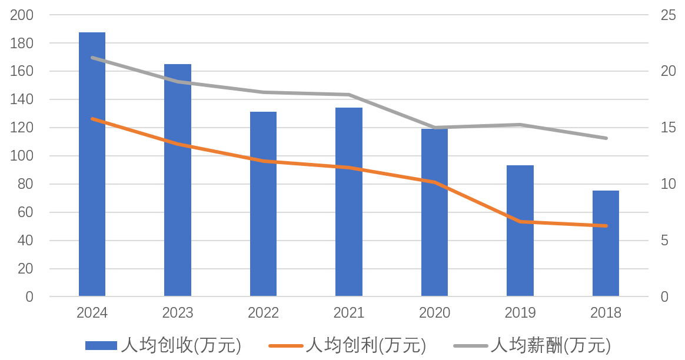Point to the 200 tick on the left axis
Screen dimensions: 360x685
point(22,15)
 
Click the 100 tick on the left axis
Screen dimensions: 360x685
point(22,156)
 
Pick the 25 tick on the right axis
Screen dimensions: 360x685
point(668,15)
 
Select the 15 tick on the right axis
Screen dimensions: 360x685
point(668,128)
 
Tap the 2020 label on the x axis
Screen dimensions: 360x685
point(434,312)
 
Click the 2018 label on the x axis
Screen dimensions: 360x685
point(606,312)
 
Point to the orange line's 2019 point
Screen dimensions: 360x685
point(520,222)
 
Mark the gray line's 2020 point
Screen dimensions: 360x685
point(435,128)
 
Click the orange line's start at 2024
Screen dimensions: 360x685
point(92,119)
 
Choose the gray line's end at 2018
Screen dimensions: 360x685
point(606,138)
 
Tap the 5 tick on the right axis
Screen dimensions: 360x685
point(664,241)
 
